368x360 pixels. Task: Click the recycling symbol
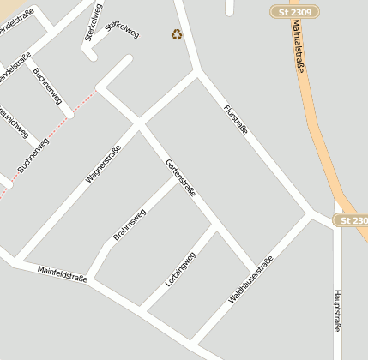click(177, 34)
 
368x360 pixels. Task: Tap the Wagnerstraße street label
click(103, 164)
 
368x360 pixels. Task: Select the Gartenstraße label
click(182, 177)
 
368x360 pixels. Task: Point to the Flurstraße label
click(235, 120)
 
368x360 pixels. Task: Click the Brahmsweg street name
click(130, 224)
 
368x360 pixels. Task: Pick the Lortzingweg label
click(181, 269)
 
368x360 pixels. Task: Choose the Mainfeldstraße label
click(62, 275)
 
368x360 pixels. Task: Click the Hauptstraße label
click(337, 310)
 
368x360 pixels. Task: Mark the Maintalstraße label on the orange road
click(299, 51)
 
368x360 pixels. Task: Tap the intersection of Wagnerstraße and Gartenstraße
click(138, 124)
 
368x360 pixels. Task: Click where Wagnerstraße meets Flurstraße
click(199, 73)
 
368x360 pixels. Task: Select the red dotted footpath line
click(51, 133)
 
